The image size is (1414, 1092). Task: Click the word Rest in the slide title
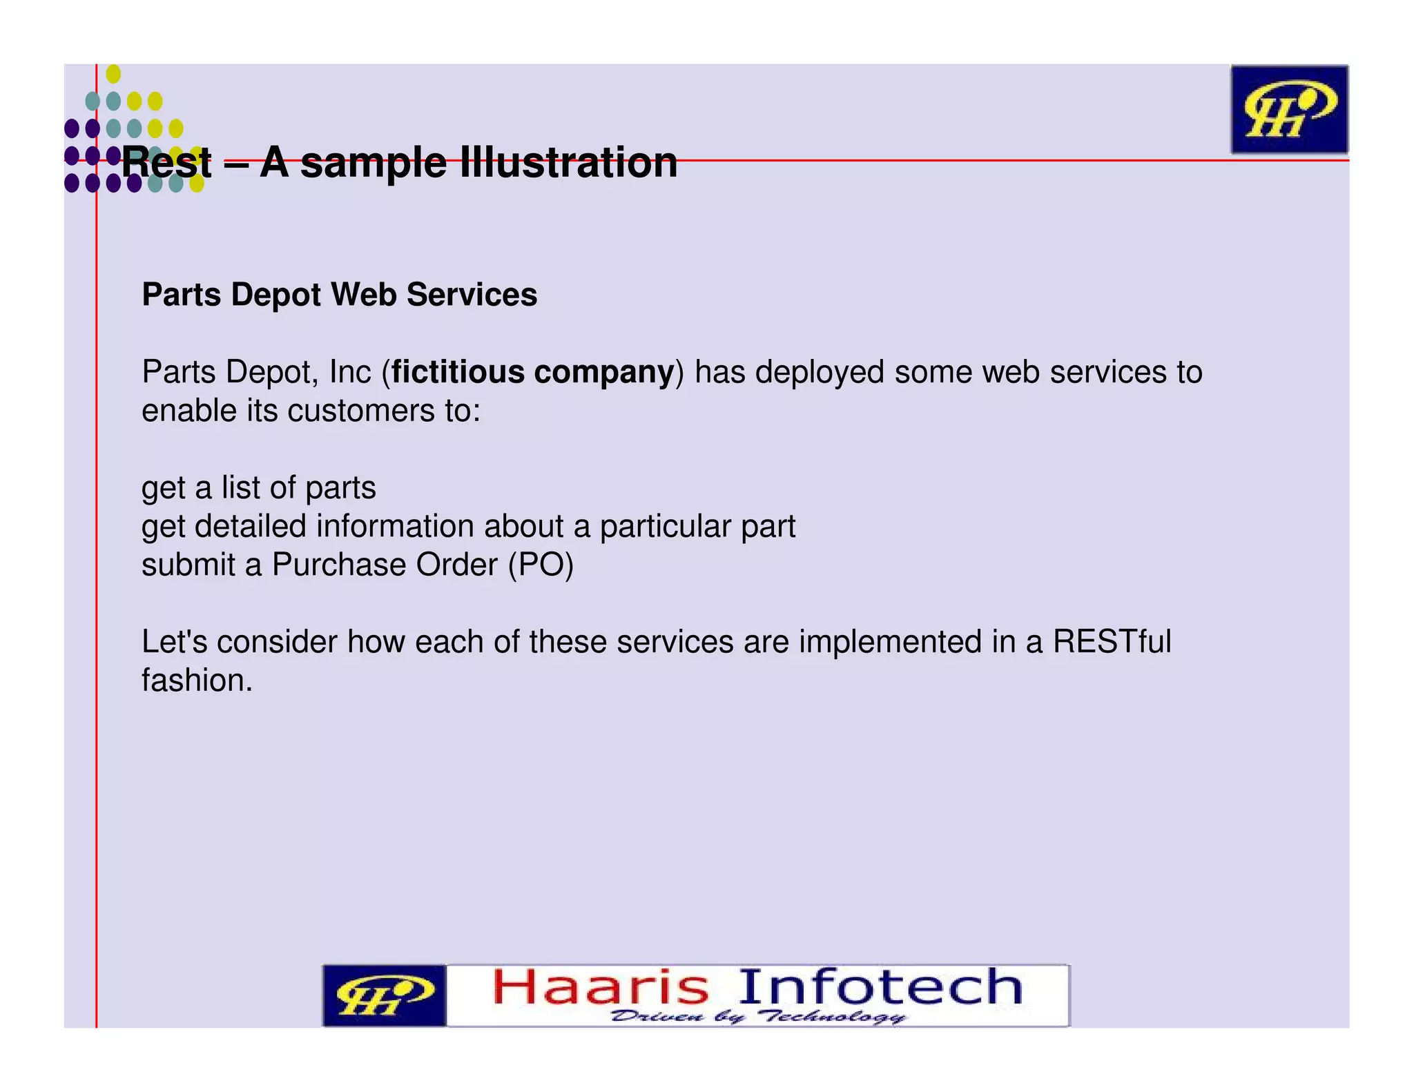point(166,163)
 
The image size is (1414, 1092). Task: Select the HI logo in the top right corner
point(1288,110)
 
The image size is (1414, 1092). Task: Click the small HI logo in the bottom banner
point(384,996)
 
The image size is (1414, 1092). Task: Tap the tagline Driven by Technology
point(758,1016)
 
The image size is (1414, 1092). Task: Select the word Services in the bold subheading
point(472,295)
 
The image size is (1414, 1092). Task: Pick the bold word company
point(603,373)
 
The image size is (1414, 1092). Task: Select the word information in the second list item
point(396,527)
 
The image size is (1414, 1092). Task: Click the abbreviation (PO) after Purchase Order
point(541,565)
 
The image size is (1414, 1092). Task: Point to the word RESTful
point(1112,642)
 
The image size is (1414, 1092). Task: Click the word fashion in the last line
point(196,681)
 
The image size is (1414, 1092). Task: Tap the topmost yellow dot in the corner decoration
point(113,74)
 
